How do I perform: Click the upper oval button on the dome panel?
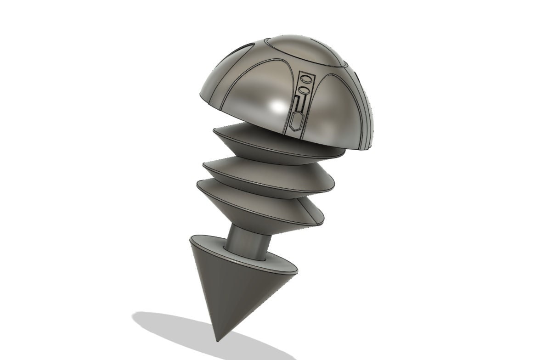pyautogui.click(x=305, y=79)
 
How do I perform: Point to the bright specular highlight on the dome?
pyautogui.click(x=277, y=107)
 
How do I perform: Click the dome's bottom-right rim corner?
pyautogui.click(x=367, y=149)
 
